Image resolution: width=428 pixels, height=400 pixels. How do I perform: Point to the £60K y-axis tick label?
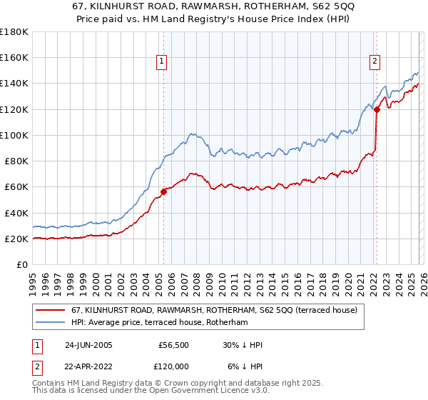point(16,187)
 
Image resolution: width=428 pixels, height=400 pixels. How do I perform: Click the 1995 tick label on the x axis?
point(33,281)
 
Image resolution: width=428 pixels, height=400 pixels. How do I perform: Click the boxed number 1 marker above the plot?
point(163,62)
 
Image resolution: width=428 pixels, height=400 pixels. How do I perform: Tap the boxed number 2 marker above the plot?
point(374,62)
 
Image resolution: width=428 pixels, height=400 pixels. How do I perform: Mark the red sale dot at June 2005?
point(163,191)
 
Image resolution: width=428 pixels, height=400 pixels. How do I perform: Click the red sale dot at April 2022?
point(377,109)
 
